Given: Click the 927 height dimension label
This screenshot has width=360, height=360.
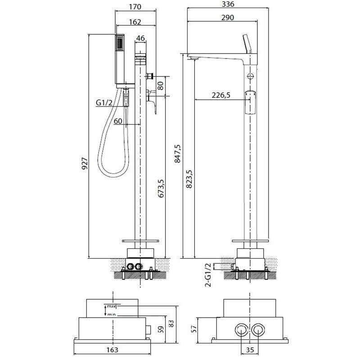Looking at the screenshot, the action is [x=85, y=163].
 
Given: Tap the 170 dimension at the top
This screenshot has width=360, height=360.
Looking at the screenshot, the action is [x=135, y=7].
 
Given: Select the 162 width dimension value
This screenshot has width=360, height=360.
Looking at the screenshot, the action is [x=135, y=22].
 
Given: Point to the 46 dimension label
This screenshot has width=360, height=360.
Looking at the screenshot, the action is [x=140, y=38].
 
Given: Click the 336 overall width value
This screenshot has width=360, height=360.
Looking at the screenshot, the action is [x=228, y=4].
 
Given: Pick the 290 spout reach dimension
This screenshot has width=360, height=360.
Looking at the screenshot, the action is [x=228, y=18].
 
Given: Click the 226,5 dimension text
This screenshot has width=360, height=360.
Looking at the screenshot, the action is [x=221, y=95].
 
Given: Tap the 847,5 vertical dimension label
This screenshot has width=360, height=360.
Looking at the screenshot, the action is [x=177, y=153].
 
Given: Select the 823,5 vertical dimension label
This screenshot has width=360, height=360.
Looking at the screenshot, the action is [x=189, y=179].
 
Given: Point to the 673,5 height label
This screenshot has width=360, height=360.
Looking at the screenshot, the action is [x=161, y=189].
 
